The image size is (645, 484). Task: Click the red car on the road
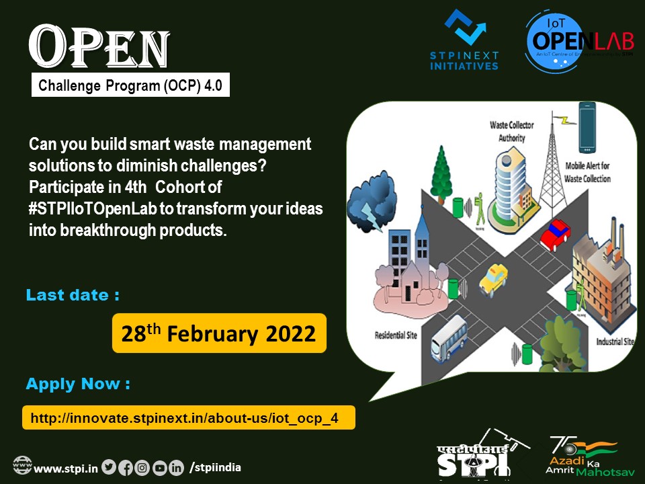coord(555,232)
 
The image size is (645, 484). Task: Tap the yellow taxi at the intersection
coord(493,278)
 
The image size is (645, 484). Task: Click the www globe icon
coord(22,465)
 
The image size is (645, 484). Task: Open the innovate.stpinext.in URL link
coord(188,418)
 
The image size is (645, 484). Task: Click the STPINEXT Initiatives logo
coord(464,40)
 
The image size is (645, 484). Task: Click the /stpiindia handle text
coord(215,467)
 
